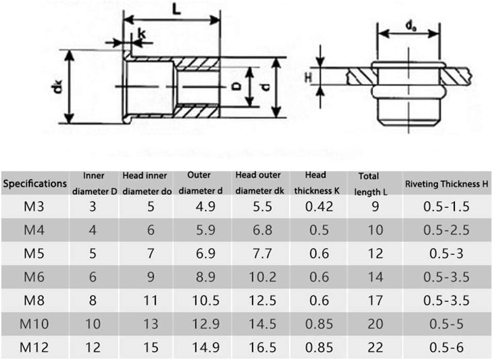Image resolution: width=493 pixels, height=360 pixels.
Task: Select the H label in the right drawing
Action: pyautogui.click(x=308, y=77)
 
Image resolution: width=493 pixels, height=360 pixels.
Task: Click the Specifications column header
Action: pyautogui.click(x=35, y=183)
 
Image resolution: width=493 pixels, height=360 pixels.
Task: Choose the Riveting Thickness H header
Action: pyautogui.click(x=447, y=184)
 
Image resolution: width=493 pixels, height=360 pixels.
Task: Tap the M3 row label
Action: pyautogui.click(x=34, y=207)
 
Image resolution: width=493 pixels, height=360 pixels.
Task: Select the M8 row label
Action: pyautogui.click(x=34, y=300)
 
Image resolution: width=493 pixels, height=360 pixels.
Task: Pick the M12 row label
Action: pyautogui.click(x=34, y=348)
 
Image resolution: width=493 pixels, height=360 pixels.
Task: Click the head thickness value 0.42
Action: pyautogui.click(x=319, y=207)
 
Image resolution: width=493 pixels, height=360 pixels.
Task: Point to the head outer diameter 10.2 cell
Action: pyautogui.click(x=262, y=277)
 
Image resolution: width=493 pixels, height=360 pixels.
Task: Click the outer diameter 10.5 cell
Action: pyautogui.click(x=206, y=300)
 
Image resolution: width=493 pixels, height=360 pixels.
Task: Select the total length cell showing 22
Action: pyautogui.click(x=375, y=348)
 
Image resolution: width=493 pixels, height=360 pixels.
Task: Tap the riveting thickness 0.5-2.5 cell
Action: pyautogui.click(x=446, y=230)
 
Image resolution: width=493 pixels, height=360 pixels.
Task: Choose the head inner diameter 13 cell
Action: pyautogui.click(x=151, y=324)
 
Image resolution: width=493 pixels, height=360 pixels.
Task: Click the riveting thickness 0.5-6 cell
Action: pyautogui.click(x=446, y=348)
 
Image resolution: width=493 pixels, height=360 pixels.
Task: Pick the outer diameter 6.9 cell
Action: pyautogui.click(x=206, y=253)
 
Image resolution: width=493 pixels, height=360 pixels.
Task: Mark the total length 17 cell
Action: pyautogui.click(x=375, y=300)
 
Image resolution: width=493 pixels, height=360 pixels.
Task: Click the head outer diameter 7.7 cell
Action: pyautogui.click(x=262, y=253)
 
